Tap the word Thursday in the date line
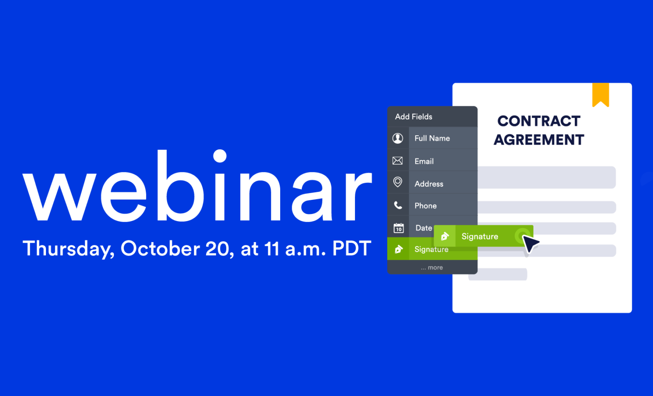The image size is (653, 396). click(68, 249)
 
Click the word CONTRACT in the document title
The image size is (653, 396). click(539, 121)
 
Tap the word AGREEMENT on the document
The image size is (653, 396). click(539, 140)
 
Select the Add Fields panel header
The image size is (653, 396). click(413, 117)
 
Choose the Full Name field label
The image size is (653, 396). click(432, 138)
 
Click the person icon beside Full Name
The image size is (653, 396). click(397, 138)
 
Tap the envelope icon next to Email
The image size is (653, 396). click(397, 161)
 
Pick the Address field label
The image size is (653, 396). click(429, 184)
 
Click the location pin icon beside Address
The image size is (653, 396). click(397, 182)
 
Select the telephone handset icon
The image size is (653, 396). click(398, 205)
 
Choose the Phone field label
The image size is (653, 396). click(426, 206)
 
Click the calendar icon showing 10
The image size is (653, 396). click(398, 228)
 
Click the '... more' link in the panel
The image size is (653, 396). click(432, 268)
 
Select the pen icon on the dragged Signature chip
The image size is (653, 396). click(445, 236)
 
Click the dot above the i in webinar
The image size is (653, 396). click(220, 156)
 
